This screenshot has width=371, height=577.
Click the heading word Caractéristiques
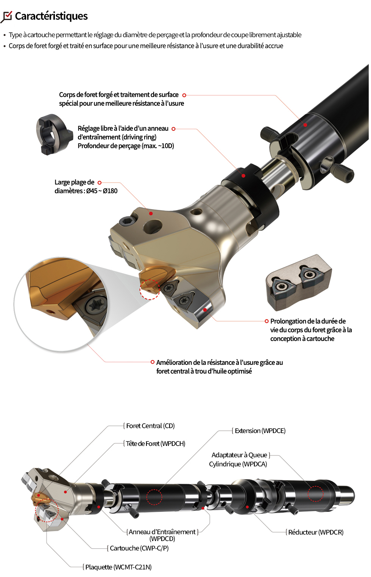[x=51, y=16]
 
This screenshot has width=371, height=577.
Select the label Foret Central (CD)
[x=150, y=426]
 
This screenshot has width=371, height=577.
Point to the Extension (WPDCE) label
[x=260, y=431]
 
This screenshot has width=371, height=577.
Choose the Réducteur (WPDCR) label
[x=316, y=532]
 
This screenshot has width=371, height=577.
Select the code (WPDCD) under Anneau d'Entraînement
[x=162, y=539]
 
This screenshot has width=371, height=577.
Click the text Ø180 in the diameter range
[x=110, y=191]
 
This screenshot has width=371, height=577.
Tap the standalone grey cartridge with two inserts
[x=299, y=282]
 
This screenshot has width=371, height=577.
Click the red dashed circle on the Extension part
[x=154, y=497]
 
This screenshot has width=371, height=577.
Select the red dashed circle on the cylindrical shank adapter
[x=315, y=494]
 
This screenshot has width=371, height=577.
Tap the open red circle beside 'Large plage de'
[x=100, y=183]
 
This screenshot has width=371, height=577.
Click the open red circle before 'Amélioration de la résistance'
[x=153, y=362]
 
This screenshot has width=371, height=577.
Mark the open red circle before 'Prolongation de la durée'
[x=267, y=321]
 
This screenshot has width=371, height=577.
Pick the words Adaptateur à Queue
[x=239, y=455]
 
